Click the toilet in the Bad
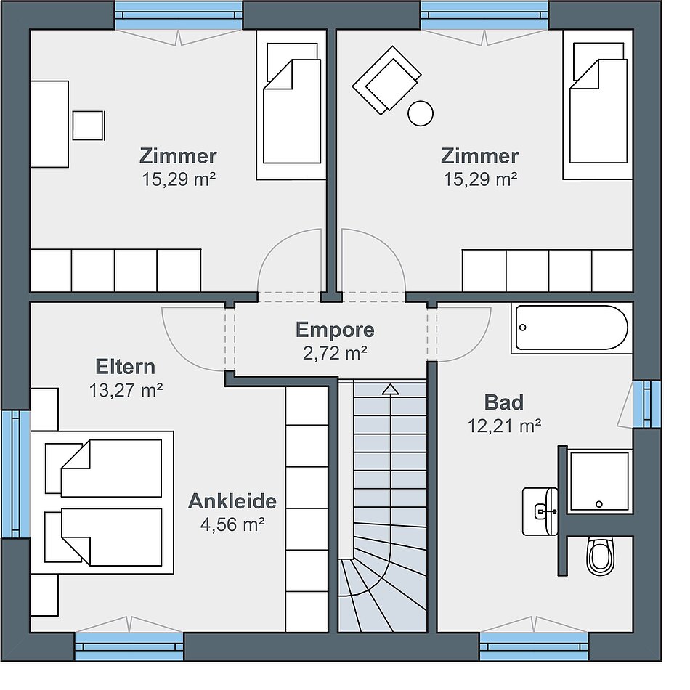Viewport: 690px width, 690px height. (600, 556)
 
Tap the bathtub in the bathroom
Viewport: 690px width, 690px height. (572, 328)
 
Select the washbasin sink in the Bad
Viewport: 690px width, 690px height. (540, 511)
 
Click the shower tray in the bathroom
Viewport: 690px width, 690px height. (599, 482)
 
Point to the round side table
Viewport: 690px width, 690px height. (421, 113)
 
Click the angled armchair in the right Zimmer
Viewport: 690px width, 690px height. (386, 80)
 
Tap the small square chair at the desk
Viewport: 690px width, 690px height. (89, 126)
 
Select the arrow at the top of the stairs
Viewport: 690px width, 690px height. (390, 390)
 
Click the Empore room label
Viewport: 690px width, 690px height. (335, 330)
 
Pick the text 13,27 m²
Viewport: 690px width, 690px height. (126, 390)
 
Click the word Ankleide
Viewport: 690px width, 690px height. (232, 501)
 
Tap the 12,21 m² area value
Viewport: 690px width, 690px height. (504, 426)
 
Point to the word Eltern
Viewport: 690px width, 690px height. (126, 367)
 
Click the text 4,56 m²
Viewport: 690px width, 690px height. (232, 524)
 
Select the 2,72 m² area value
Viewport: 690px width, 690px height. (335, 353)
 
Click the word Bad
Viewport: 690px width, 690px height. (504, 402)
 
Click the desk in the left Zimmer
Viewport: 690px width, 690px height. (49, 124)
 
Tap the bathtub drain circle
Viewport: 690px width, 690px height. (523, 328)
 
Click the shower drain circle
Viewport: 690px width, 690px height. (598, 504)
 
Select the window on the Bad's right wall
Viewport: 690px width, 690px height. (647, 405)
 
